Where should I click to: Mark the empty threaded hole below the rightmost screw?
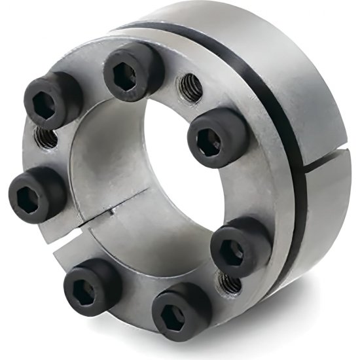click(x=230, y=283)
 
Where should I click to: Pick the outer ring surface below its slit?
click(x=327, y=209)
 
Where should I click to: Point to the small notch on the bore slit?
click(x=113, y=211)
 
